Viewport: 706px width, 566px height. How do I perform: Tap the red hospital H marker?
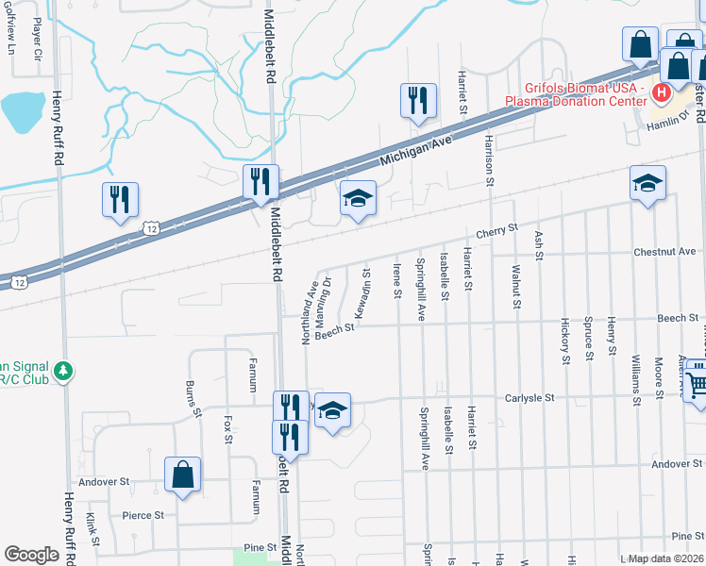click(661, 92)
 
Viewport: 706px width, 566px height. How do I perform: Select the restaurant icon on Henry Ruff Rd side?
click(120, 201)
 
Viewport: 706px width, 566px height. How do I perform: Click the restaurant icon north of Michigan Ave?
click(418, 102)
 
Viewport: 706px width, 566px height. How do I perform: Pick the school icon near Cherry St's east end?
click(648, 184)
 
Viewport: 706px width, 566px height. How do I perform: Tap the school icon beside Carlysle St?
click(333, 411)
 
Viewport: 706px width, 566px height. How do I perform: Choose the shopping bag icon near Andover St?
click(182, 476)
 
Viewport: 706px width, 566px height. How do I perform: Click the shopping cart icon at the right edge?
click(697, 384)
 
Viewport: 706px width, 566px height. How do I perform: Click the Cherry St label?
click(497, 229)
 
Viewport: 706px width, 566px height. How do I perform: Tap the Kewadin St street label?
click(361, 295)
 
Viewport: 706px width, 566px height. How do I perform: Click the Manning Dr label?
click(328, 294)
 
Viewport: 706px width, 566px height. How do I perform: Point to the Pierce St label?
click(143, 515)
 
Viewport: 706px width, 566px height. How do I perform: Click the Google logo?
click(31, 555)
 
